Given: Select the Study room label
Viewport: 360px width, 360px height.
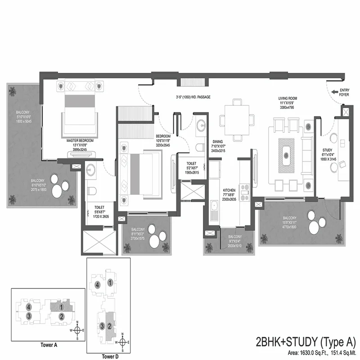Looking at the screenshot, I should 328,150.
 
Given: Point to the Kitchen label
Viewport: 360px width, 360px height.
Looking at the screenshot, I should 229,190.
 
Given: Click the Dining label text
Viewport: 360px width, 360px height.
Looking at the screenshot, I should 218,141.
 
